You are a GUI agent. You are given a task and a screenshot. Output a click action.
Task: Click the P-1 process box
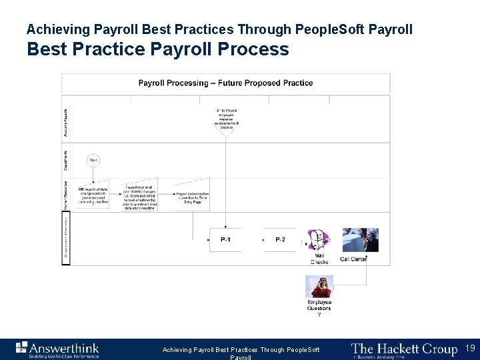click(226, 239)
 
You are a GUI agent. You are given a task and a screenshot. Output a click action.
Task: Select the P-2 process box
click(280, 239)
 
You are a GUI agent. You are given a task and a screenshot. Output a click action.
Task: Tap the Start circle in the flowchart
click(93, 160)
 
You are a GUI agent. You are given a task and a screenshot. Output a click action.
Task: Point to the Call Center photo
click(360, 240)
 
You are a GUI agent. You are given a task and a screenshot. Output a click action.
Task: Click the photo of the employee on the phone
click(319, 287)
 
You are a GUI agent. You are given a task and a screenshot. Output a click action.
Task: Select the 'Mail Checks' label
click(319, 259)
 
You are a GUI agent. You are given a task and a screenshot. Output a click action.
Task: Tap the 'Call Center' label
click(353, 259)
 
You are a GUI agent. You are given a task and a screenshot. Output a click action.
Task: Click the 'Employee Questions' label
click(319, 305)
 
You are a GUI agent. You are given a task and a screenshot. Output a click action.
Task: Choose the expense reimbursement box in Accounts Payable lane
click(227, 120)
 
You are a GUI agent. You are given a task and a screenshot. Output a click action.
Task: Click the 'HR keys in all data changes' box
click(93, 195)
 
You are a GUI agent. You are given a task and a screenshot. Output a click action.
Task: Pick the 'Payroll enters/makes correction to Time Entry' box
click(193, 195)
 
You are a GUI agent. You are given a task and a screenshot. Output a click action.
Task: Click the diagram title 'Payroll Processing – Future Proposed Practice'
click(225, 83)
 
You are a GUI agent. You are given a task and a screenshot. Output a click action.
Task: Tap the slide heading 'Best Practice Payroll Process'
click(158, 49)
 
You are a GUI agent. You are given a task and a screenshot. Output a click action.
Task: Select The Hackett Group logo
click(404, 349)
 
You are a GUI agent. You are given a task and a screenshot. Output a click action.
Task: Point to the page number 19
click(470, 349)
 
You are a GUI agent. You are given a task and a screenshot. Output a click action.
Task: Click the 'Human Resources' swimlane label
click(65, 196)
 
